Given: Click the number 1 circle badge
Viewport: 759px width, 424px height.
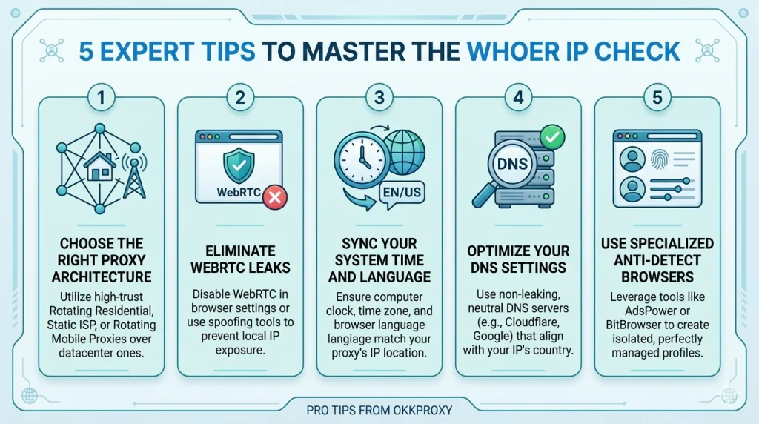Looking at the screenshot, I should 102,98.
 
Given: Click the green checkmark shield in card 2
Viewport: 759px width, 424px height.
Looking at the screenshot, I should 239,165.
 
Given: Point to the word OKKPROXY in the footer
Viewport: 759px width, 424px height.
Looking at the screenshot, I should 423,408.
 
